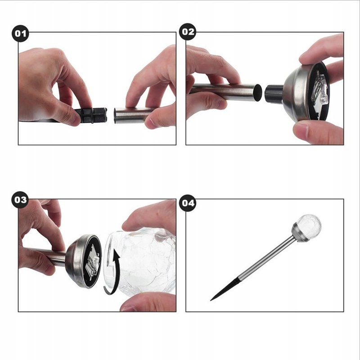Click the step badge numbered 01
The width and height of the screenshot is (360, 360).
[20, 33]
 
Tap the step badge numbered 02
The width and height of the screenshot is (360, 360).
[188, 32]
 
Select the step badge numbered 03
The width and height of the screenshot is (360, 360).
[20, 200]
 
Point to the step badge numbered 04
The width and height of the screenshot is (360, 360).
[188, 203]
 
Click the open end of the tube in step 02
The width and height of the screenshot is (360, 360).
[258, 93]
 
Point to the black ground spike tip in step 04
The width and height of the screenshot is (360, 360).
[211, 300]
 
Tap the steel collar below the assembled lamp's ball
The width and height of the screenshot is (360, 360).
[300, 233]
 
